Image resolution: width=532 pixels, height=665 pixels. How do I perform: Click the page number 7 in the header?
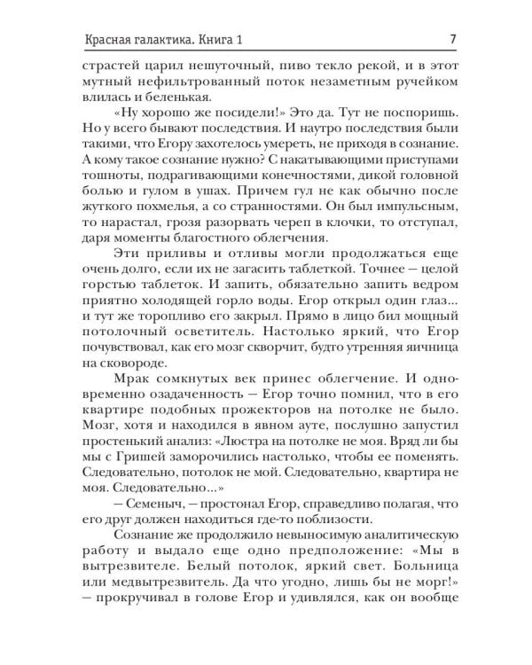point(453,38)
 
